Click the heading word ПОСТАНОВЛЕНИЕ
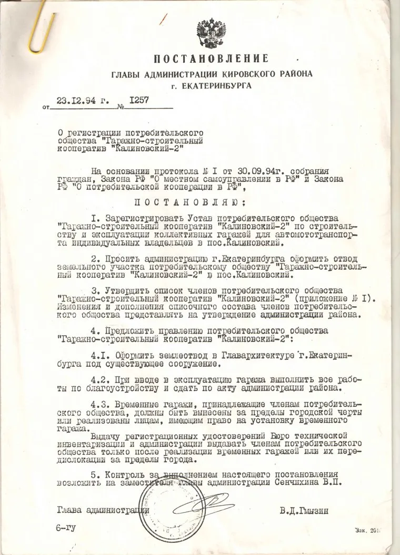click(x=211, y=59)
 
